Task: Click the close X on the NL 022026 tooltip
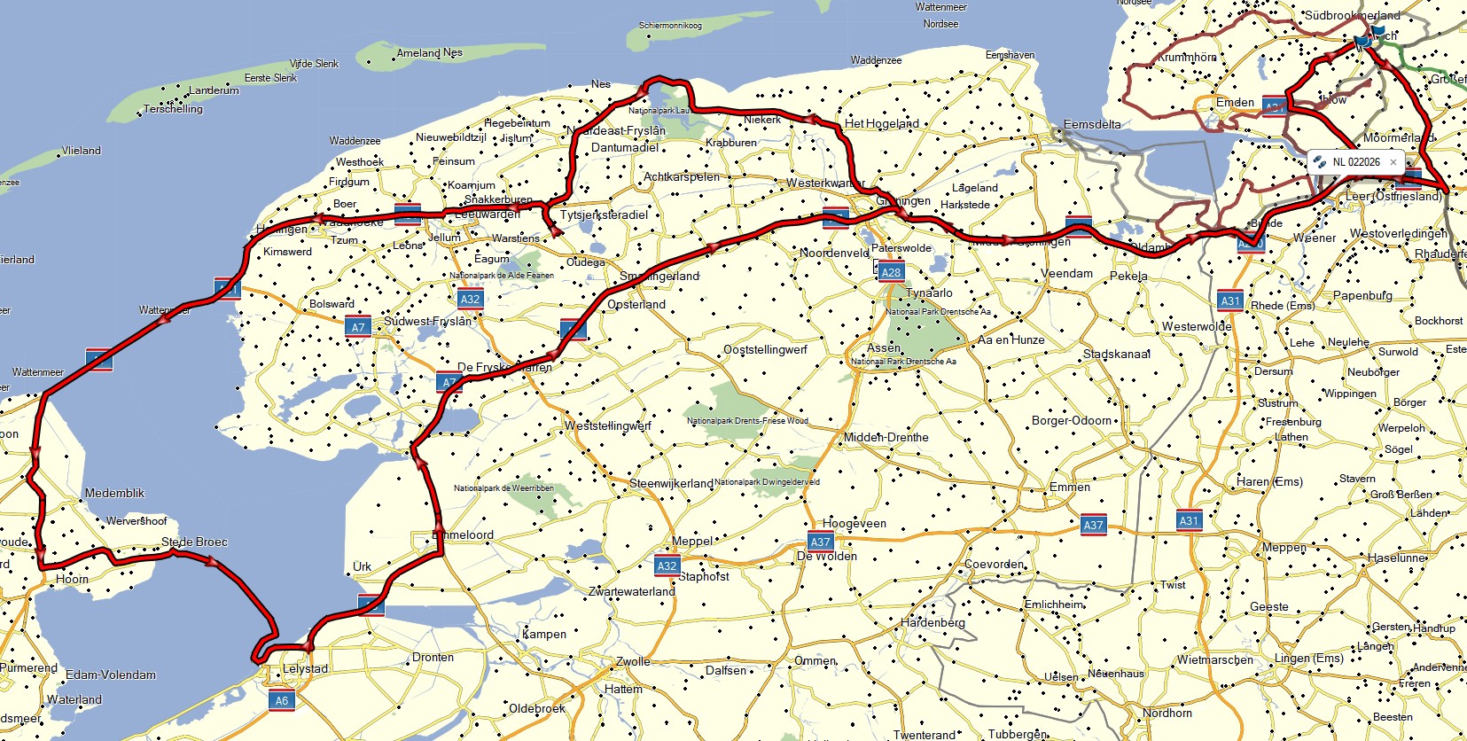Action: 1393,162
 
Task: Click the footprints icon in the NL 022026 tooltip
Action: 1320,162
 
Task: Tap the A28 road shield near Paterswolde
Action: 891,272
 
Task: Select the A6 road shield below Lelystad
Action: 281,700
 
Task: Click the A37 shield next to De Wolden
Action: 820,542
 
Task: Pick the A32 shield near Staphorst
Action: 667,565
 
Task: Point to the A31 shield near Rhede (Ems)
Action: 1230,300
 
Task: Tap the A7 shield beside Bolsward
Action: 357,327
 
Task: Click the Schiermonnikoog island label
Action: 670,26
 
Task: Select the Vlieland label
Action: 82,151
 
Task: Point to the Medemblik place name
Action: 114,493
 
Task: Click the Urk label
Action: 362,566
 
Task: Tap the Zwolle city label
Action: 634,661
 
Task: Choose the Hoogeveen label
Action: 854,524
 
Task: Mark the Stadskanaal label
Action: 1117,354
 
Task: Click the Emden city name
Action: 1235,103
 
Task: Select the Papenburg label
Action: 1362,296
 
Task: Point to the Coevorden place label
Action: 995,564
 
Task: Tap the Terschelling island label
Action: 173,109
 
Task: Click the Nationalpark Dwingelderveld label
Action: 767,482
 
